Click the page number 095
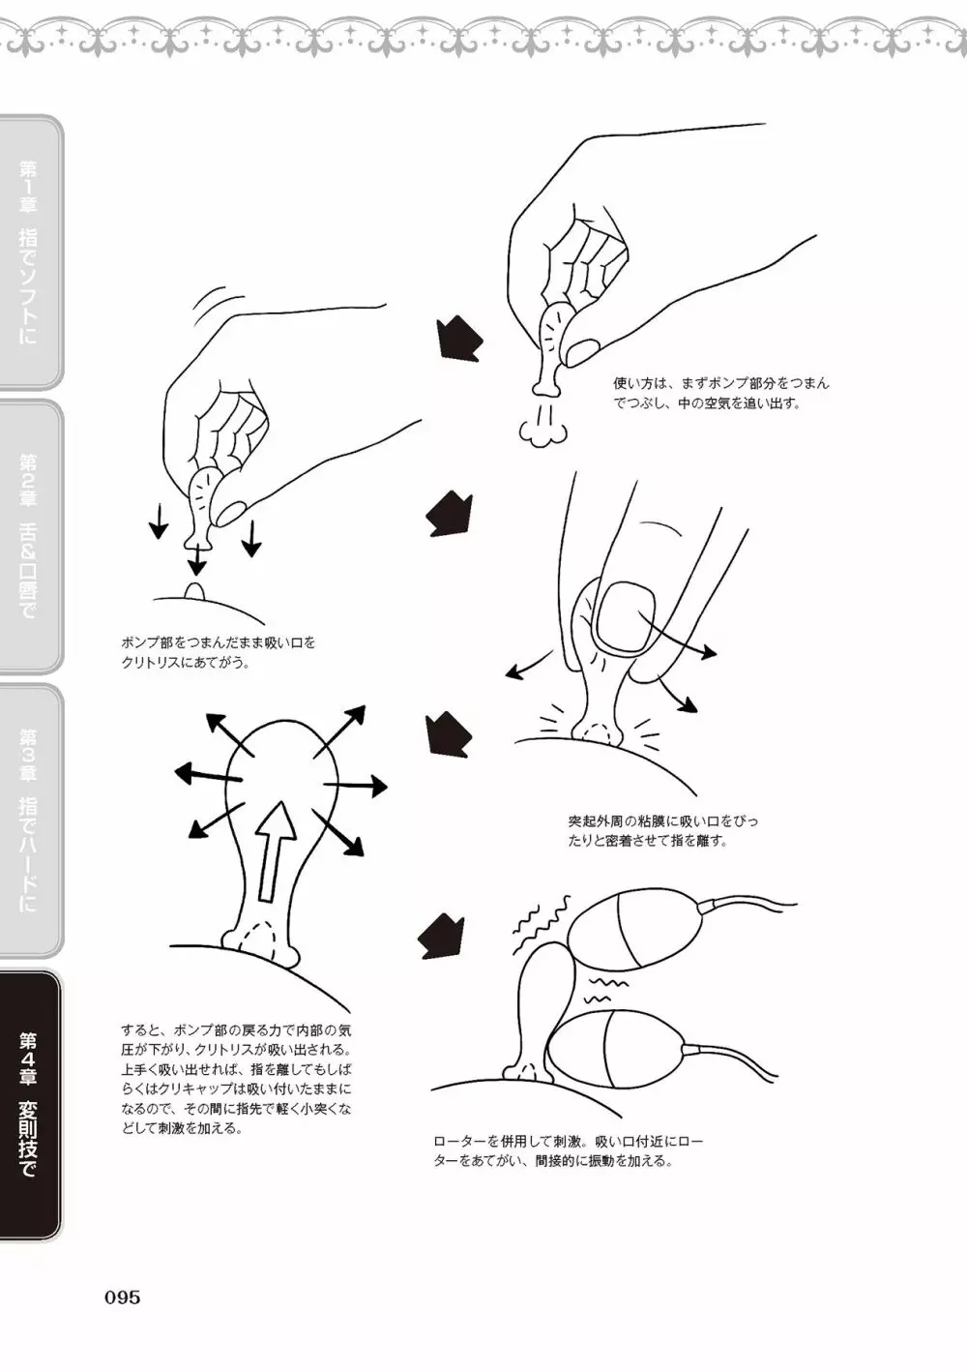[x=123, y=1297]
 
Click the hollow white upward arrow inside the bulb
[x=275, y=851]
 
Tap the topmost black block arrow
[x=459, y=339]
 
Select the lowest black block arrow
[x=441, y=937]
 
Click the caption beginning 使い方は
[x=721, y=393]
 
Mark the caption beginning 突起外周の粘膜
[x=662, y=830]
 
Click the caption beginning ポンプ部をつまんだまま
[x=219, y=652]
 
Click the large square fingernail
[x=625, y=615]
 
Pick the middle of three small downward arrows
[x=196, y=558]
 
